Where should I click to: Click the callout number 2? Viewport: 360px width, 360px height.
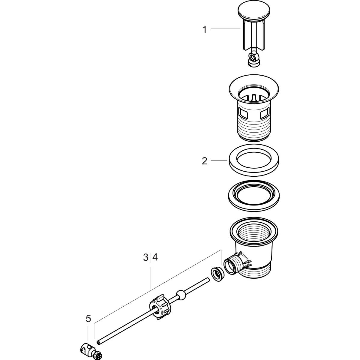tap(204, 161)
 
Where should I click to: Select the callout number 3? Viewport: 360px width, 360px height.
tap(145, 257)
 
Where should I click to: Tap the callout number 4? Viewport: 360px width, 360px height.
tap(155, 257)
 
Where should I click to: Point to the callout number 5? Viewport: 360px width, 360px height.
tap(88, 319)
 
